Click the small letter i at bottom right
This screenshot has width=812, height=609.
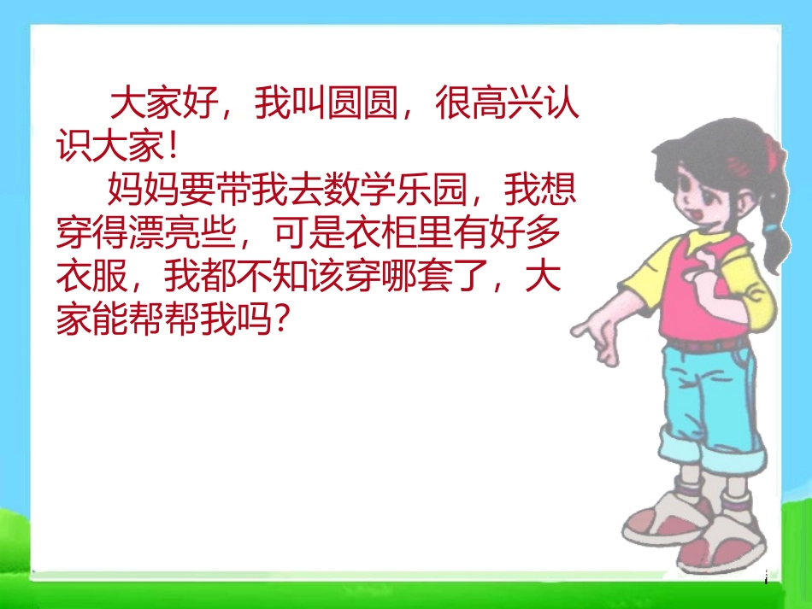coord(766,579)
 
